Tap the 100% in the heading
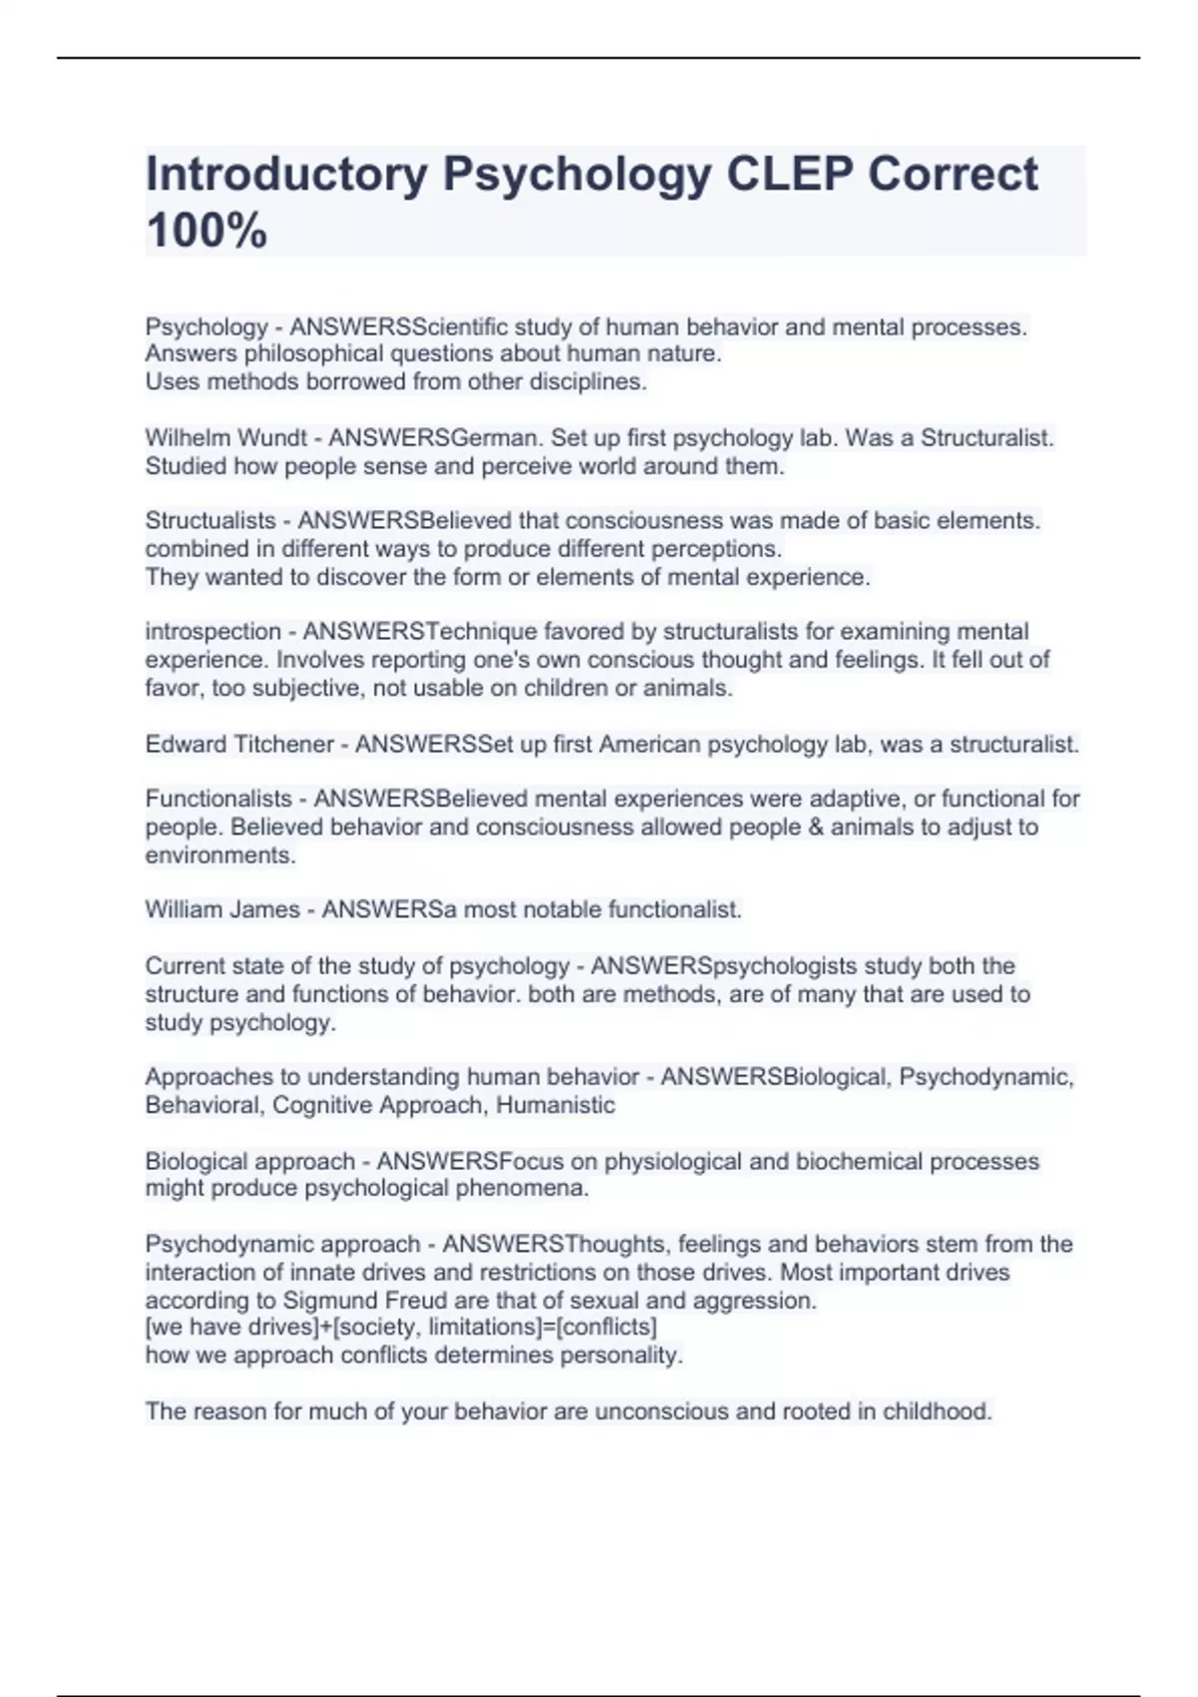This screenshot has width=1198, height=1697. (207, 231)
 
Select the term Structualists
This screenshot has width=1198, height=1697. (211, 521)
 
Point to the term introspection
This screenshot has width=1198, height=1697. (213, 632)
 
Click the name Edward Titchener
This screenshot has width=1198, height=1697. (240, 745)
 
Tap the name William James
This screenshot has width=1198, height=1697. (222, 910)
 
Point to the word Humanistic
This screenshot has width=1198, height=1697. (555, 1105)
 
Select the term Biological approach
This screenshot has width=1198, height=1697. (250, 1162)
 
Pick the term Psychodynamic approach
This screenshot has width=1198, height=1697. (283, 1245)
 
